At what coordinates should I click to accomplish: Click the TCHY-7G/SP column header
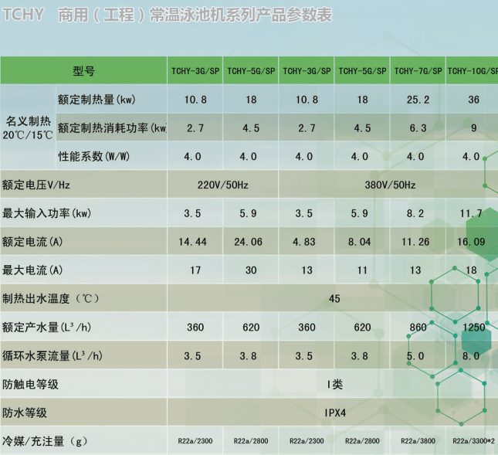(x=418, y=71)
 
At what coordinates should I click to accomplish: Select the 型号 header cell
(x=84, y=71)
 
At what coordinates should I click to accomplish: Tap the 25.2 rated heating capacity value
(x=418, y=100)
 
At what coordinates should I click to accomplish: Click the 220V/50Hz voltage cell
(x=223, y=185)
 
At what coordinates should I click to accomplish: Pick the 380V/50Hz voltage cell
(x=390, y=185)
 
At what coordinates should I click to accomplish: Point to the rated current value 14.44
(x=192, y=242)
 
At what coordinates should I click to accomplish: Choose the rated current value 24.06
(x=249, y=242)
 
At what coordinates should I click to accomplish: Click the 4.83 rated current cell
(x=304, y=242)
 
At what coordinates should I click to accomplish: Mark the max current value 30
(x=251, y=270)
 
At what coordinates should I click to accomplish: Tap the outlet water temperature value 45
(x=334, y=299)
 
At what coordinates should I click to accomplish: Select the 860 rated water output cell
(x=418, y=328)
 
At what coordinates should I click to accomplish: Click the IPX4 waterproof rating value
(x=335, y=413)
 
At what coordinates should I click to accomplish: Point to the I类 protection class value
(x=335, y=385)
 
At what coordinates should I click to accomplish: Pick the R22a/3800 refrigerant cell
(x=418, y=441)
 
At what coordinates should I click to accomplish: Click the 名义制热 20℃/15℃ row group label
(x=28, y=128)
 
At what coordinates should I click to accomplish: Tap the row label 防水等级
(x=25, y=413)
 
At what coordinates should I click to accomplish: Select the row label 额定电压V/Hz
(x=36, y=185)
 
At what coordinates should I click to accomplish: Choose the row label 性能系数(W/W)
(x=93, y=156)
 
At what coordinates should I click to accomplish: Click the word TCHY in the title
(x=23, y=15)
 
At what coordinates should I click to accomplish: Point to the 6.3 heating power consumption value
(x=418, y=128)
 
